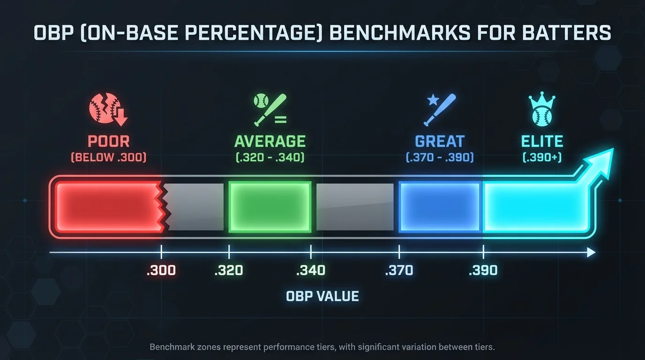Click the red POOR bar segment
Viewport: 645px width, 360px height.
105,207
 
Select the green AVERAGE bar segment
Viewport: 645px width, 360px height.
270,207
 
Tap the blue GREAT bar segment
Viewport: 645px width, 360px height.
440,207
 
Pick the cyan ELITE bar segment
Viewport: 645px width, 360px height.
534,207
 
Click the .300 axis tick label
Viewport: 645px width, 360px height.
161,271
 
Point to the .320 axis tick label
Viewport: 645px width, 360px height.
229,271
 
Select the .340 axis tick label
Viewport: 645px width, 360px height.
311,271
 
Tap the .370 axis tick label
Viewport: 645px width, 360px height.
399,271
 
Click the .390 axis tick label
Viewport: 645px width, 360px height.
483,271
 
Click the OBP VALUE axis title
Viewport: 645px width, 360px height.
322,296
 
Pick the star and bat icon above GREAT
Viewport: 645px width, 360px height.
440,109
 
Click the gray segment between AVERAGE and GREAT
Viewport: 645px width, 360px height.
355,207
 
